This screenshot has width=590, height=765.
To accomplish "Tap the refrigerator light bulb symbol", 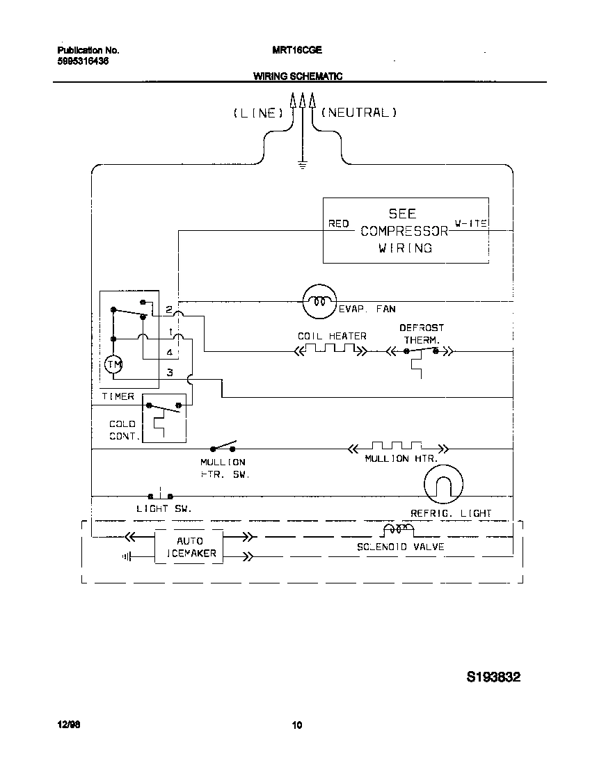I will [x=444, y=483].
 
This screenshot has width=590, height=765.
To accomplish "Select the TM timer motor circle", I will [x=113, y=364].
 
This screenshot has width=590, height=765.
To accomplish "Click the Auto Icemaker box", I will [x=189, y=547].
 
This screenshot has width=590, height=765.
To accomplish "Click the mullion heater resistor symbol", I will [x=397, y=448].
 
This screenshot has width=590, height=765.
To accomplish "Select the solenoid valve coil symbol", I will [x=397, y=531].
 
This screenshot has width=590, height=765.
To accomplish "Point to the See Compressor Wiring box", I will [x=406, y=230].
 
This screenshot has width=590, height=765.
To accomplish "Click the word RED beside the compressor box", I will [x=338, y=223].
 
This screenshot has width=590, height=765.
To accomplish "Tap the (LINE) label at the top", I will [x=258, y=113].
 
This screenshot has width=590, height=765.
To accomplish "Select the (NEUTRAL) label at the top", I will [x=359, y=112].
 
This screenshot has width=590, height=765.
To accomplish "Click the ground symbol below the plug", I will [x=302, y=166].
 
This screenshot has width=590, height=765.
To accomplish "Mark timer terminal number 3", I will [x=169, y=373].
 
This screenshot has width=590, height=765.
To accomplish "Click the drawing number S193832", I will [x=493, y=677].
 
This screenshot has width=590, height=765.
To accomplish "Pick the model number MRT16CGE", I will [x=296, y=51].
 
